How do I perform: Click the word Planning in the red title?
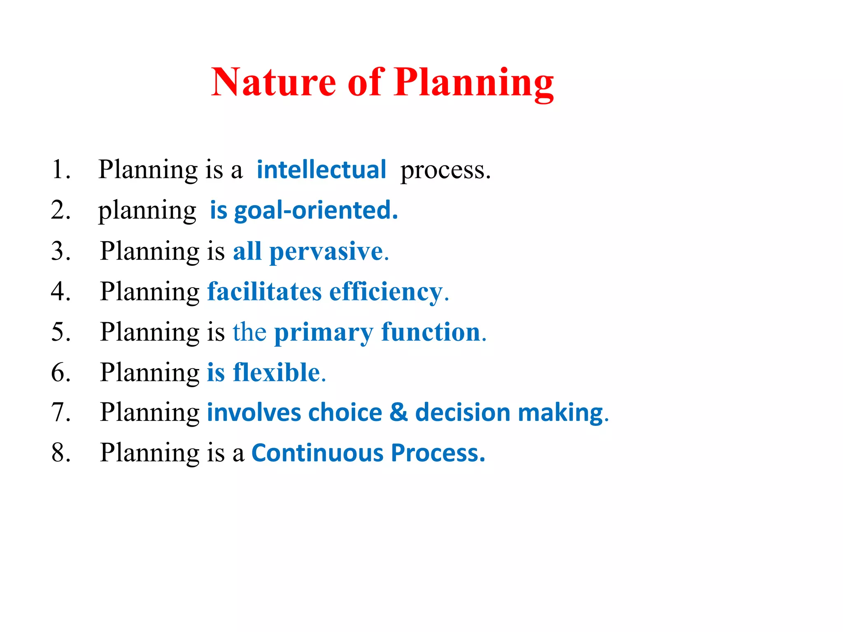[x=473, y=84]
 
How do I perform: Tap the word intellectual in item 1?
[x=321, y=170]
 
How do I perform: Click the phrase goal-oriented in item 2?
[x=316, y=211]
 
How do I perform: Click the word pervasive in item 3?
[x=326, y=252]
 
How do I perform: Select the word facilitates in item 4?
[x=264, y=292]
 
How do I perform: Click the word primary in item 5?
[x=324, y=333]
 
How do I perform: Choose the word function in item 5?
[x=431, y=332]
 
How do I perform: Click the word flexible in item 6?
[x=277, y=372]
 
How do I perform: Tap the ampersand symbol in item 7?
[x=398, y=412]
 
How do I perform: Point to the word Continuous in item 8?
[x=317, y=453]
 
